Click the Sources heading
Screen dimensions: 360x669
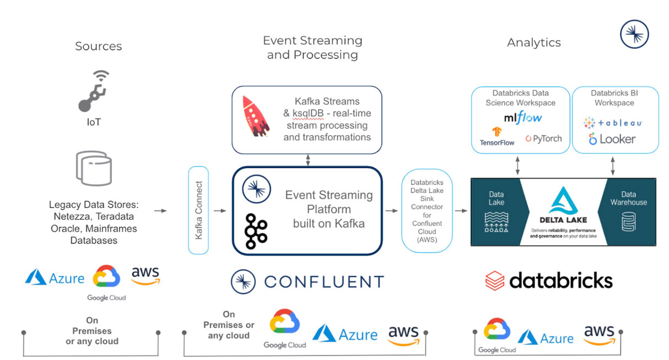tap(98, 46)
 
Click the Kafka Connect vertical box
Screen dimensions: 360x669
tap(198, 210)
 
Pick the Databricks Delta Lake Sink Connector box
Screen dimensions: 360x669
tap(427, 210)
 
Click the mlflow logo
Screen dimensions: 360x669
tap(522, 118)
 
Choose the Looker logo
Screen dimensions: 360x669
tap(612, 139)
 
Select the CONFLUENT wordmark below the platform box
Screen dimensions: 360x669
tap(323, 282)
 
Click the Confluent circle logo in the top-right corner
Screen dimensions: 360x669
tap(634, 34)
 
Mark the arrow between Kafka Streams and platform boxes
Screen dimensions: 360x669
tap(307, 160)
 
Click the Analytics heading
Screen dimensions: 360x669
tap(533, 42)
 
